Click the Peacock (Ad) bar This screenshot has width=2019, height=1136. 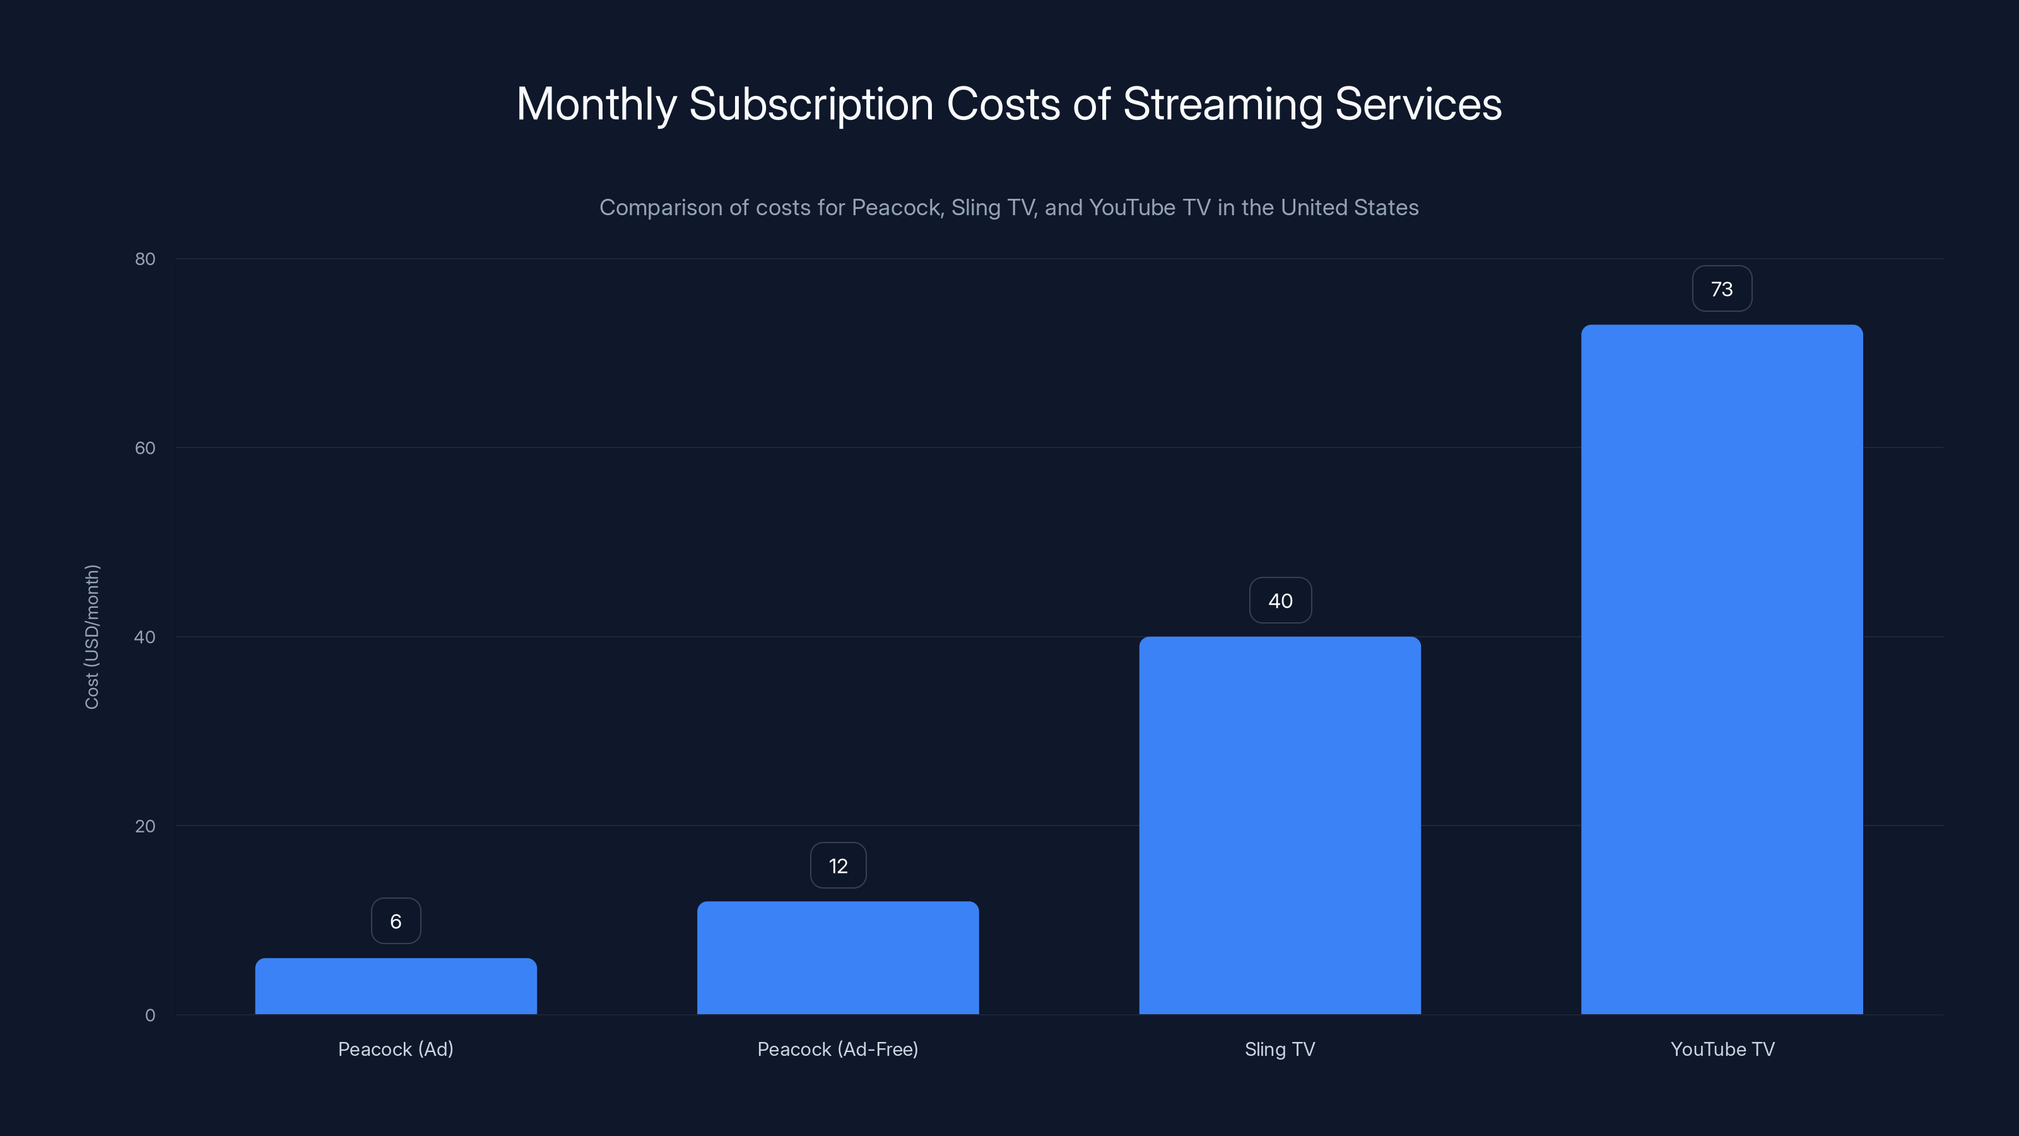396,986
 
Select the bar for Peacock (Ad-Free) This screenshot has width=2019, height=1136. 838,958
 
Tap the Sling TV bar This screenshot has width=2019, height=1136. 1280,825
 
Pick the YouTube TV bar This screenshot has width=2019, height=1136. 1722,670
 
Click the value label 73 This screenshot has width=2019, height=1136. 1722,289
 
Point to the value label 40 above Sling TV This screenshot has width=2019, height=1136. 1280,601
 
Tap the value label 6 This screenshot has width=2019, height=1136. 396,921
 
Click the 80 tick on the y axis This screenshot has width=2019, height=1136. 145,259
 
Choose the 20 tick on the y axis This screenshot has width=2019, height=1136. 145,826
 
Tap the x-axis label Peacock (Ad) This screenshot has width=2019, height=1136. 396,1050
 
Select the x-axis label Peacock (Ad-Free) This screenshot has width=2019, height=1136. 838,1050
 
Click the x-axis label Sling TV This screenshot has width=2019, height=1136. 1280,1050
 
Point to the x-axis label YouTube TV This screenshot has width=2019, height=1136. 1722,1050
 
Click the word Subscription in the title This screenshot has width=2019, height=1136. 810,105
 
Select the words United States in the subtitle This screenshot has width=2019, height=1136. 1349,208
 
